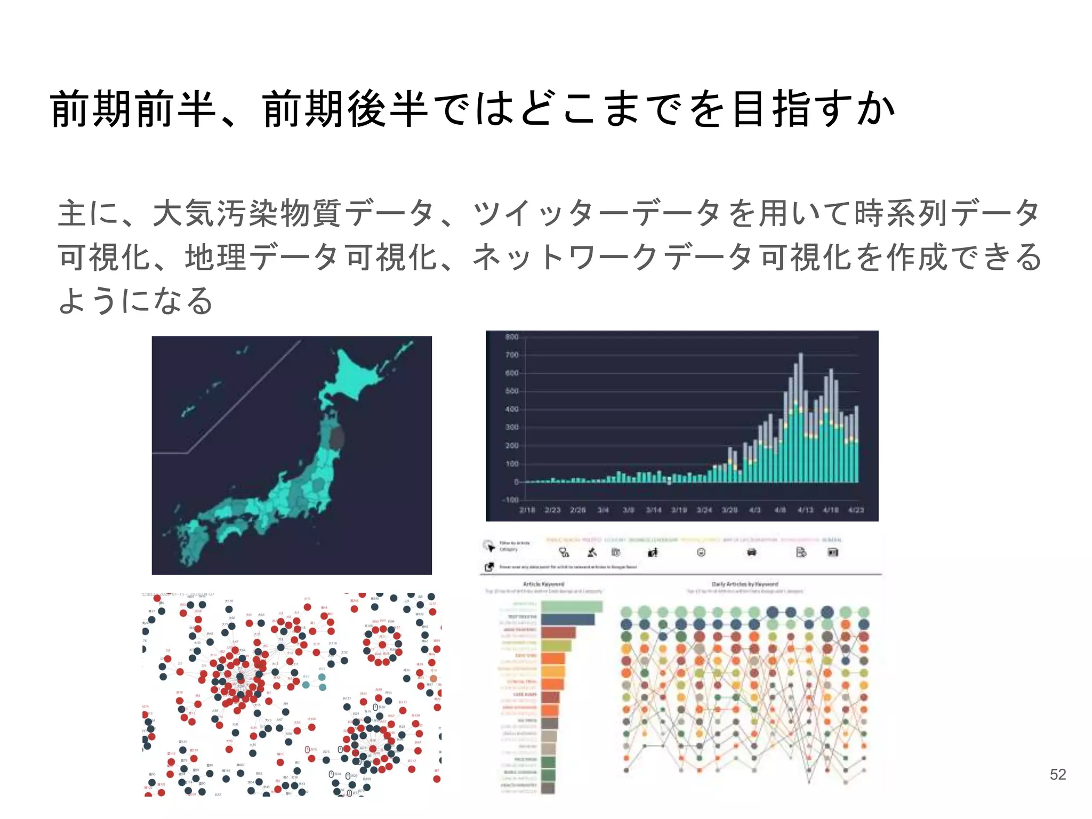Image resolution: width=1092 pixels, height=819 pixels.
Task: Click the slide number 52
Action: click(x=1057, y=774)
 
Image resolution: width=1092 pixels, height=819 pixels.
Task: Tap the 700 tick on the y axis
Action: click(x=511, y=355)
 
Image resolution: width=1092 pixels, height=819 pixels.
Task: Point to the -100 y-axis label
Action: click(x=510, y=500)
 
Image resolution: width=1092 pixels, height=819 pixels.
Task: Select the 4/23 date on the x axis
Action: click(x=856, y=510)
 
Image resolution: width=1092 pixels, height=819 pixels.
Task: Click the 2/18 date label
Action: click(x=527, y=510)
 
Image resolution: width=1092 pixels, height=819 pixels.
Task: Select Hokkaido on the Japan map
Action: click(x=357, y=373)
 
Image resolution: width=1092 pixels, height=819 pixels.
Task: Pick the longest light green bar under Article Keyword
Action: click(x=572, y=607)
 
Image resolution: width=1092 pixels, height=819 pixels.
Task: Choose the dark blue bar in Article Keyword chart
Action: click(x=567, y=620)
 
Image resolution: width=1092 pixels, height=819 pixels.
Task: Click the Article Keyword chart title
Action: click(x=543, y=584)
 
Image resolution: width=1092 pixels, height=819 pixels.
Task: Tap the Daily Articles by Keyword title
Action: click(x=744, y=584)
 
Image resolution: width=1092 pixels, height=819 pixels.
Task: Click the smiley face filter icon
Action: click(x=701, y=552)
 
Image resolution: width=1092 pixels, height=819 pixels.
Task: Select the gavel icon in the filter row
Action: click(x=592, y=552)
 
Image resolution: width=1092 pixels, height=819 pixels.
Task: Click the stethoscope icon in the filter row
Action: click(x=564, y=552)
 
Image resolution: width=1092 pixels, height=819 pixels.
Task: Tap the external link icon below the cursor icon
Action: click(x=489, y=567)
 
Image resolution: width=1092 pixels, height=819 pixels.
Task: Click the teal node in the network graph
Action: click(x=322, y=678)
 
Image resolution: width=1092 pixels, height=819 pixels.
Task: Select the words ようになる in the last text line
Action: click(x=135, y=301)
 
